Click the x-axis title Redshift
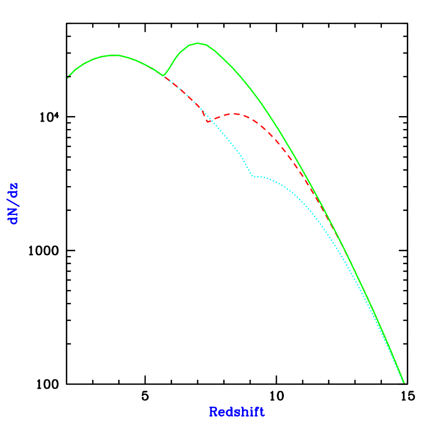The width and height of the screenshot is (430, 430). coord(237,412)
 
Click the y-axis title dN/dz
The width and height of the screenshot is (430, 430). coord(13,204)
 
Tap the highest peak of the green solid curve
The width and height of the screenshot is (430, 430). coord(197,43)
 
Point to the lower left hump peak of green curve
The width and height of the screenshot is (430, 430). coord(116,55)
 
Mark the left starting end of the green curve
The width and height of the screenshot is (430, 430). coord(68,78)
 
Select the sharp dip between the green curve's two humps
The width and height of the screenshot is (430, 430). coord(164,76)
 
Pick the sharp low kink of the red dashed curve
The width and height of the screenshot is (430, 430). coord(208,122)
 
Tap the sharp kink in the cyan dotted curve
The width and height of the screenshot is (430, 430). coord(253,176)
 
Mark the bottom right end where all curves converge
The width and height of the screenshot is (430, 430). coord(404,383)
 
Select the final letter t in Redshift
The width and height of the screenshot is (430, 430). coord(262,412)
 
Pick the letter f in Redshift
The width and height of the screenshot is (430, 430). coord(256,412)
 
